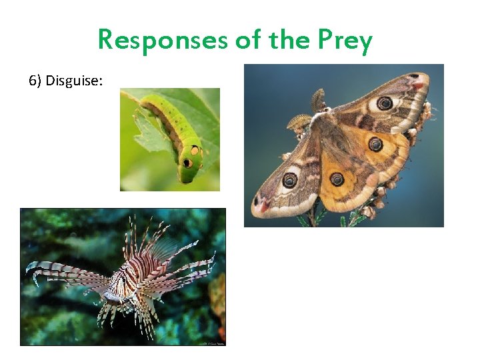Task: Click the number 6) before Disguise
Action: click(35, 81)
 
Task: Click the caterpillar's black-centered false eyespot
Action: click(188, 163)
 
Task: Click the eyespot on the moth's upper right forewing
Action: click(385, 103)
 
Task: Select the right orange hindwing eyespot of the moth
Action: click(375, 143)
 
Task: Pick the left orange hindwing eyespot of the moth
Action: click(337, 179)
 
